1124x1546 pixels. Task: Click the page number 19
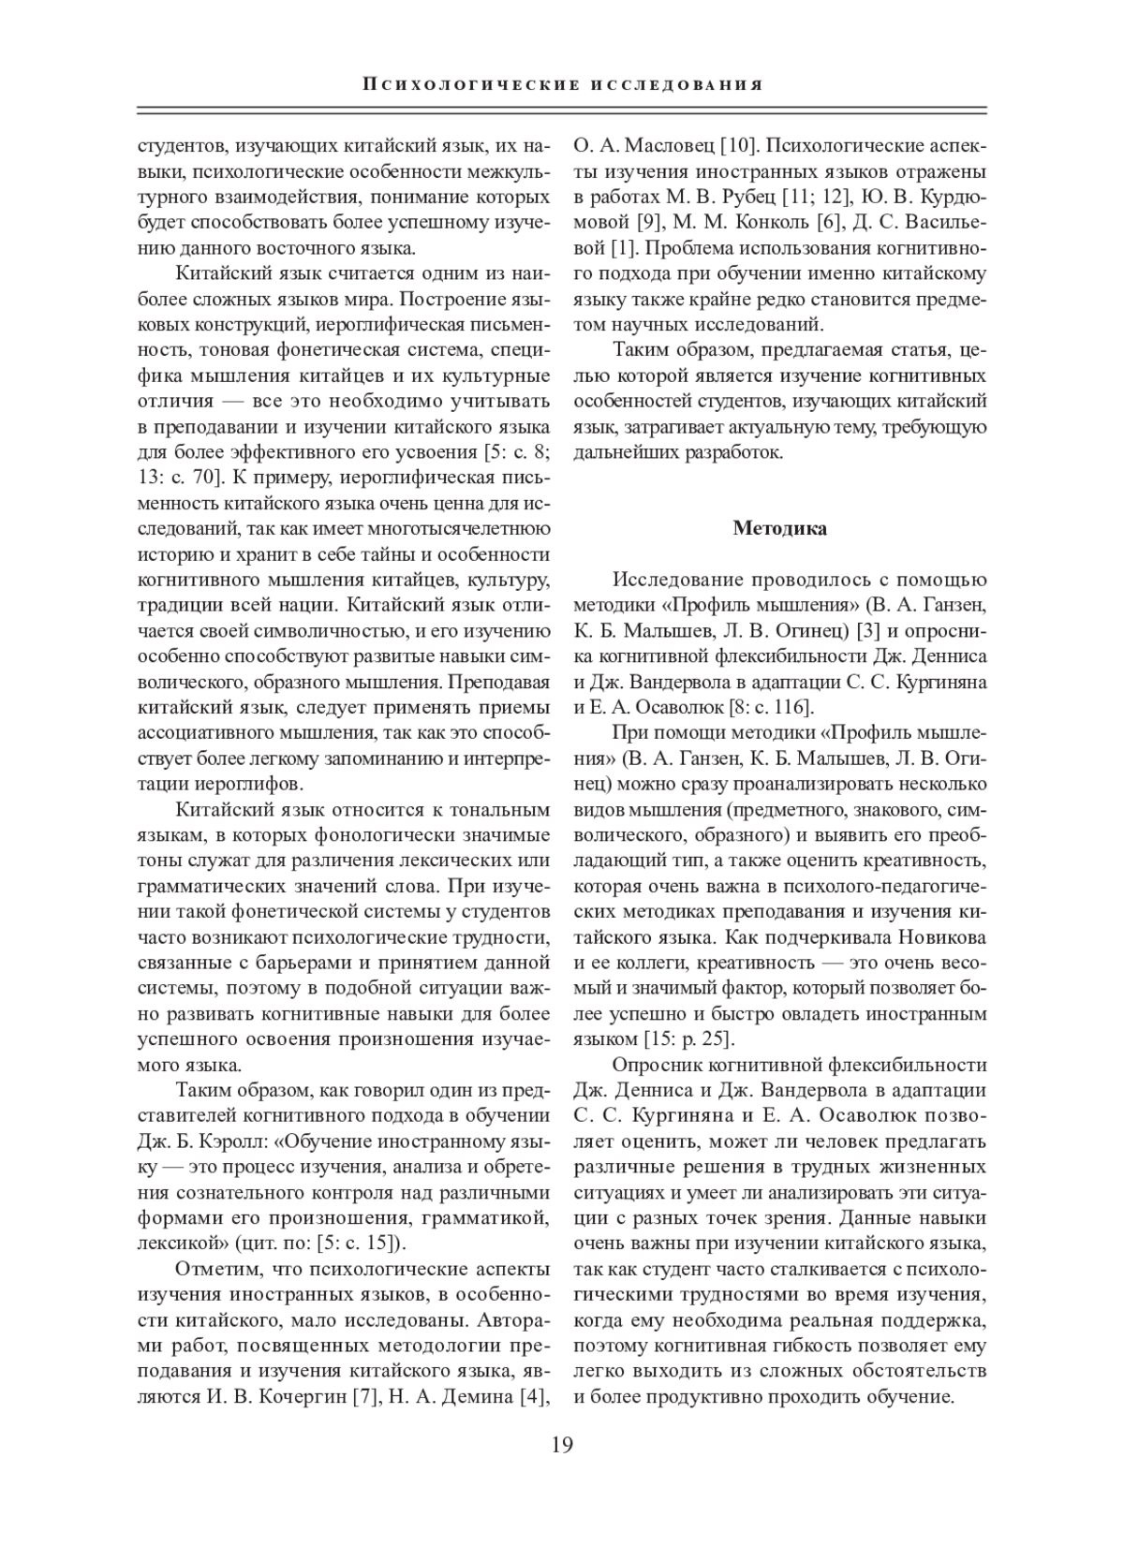pos(562,1443)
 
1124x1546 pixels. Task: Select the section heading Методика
pos(779,529)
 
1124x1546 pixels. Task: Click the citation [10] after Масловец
pos(736,146)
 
